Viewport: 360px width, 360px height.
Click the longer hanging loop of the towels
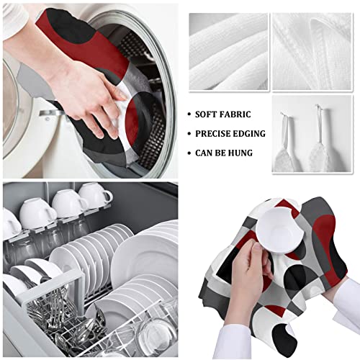point(318,122)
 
